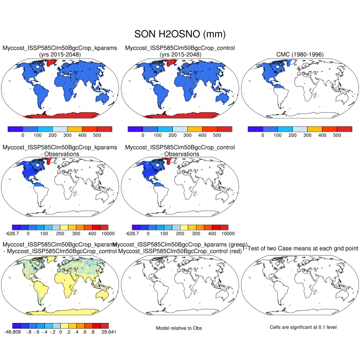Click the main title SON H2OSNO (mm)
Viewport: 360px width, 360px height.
point(179,34)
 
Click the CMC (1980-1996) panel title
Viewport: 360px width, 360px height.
point(300,55)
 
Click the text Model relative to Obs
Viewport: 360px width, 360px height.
point(179,328)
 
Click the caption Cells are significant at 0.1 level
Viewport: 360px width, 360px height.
point(300,327)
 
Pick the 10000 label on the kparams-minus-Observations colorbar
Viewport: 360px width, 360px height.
point(101,234)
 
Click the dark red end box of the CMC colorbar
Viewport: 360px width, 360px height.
point(345,129)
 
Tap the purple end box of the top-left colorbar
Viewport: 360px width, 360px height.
point(15,129)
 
